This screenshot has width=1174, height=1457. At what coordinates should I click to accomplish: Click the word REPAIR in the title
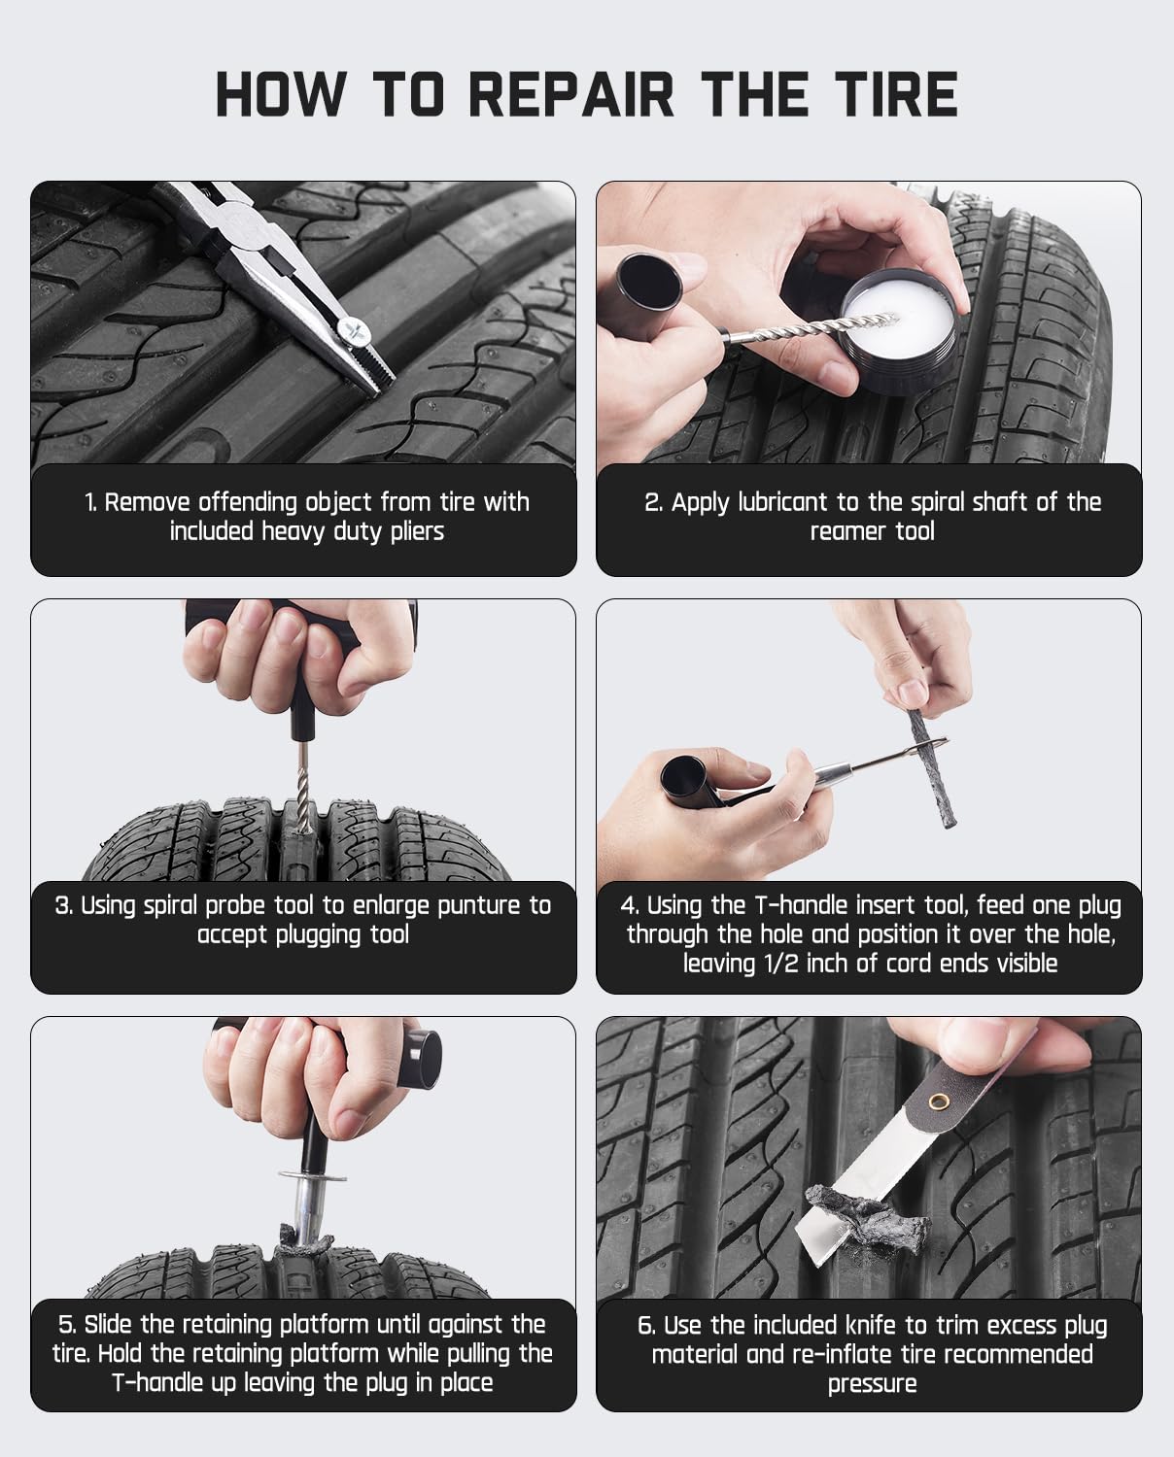coord(571,94)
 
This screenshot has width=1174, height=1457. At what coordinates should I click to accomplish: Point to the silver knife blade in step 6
coord(865,1191)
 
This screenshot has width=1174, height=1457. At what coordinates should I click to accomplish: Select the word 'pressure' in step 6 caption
coord(872,1384)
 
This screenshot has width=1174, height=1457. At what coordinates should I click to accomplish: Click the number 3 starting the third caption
coord(62,906)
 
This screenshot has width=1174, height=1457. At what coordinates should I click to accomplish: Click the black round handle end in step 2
coord(649,281)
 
